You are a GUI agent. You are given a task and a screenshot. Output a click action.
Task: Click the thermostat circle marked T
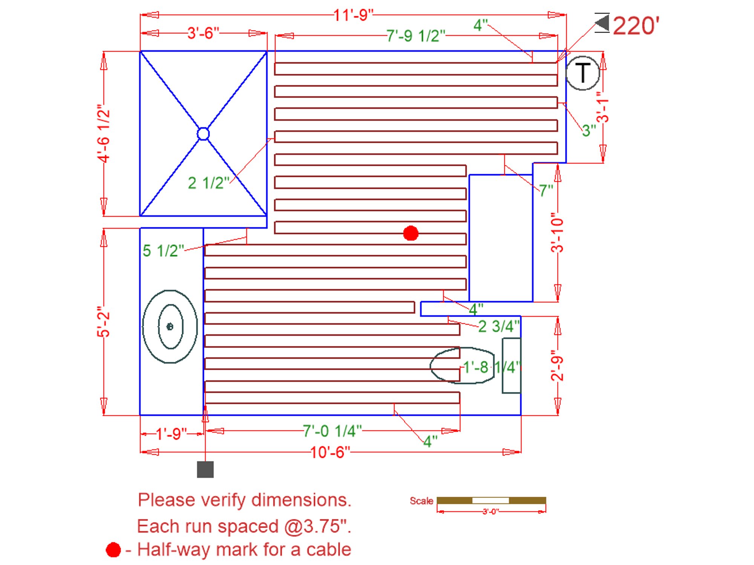[582, 73]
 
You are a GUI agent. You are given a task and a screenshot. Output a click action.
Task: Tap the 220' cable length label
[636, 26]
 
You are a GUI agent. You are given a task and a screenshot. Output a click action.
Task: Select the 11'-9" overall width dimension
[353, 15]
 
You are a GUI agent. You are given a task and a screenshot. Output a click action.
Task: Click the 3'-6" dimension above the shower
[203, 33]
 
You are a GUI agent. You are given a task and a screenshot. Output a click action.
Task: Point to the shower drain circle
[203, 134]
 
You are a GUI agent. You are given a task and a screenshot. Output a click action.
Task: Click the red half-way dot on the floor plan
[411, 233]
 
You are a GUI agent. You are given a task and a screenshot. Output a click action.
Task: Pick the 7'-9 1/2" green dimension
[416, 36]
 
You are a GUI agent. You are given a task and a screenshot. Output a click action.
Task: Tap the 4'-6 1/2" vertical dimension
[104, 134]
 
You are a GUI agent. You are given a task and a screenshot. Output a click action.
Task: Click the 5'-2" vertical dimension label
[103, 322]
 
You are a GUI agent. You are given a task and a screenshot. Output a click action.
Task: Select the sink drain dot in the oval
[170, 326]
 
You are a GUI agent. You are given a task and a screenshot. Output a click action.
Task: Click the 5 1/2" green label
[163, 251]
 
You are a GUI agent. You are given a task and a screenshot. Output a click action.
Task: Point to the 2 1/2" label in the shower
[208, 183]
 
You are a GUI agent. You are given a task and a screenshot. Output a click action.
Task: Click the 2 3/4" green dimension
[498, 326]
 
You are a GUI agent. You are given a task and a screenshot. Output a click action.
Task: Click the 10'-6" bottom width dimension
[330, 452]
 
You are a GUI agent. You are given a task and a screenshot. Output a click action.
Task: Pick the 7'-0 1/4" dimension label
[332, 431]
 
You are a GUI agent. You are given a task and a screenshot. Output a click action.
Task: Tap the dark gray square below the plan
[205, 469]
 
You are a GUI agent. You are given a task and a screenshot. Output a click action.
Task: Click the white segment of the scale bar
[490, 501]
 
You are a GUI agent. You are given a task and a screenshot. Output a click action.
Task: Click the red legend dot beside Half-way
[113, 550]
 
